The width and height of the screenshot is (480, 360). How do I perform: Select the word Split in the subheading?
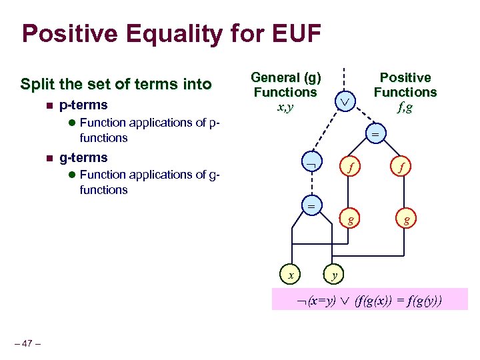click(x=38, y=85)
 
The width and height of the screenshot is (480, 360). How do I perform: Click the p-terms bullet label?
click(x=83, y=105)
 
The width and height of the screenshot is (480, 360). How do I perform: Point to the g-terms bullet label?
click(x=83, y=158)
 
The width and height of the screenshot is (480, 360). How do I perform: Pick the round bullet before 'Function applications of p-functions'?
click(x=72, y=123)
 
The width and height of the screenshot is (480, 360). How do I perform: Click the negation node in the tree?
click(x=310, y=163)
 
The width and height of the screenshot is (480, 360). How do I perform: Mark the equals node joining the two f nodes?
click(x=375, y=134)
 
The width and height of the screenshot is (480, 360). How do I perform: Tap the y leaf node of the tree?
click(x=335, y=273)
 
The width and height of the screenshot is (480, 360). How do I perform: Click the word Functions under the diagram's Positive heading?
click(x=405, y=92)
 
